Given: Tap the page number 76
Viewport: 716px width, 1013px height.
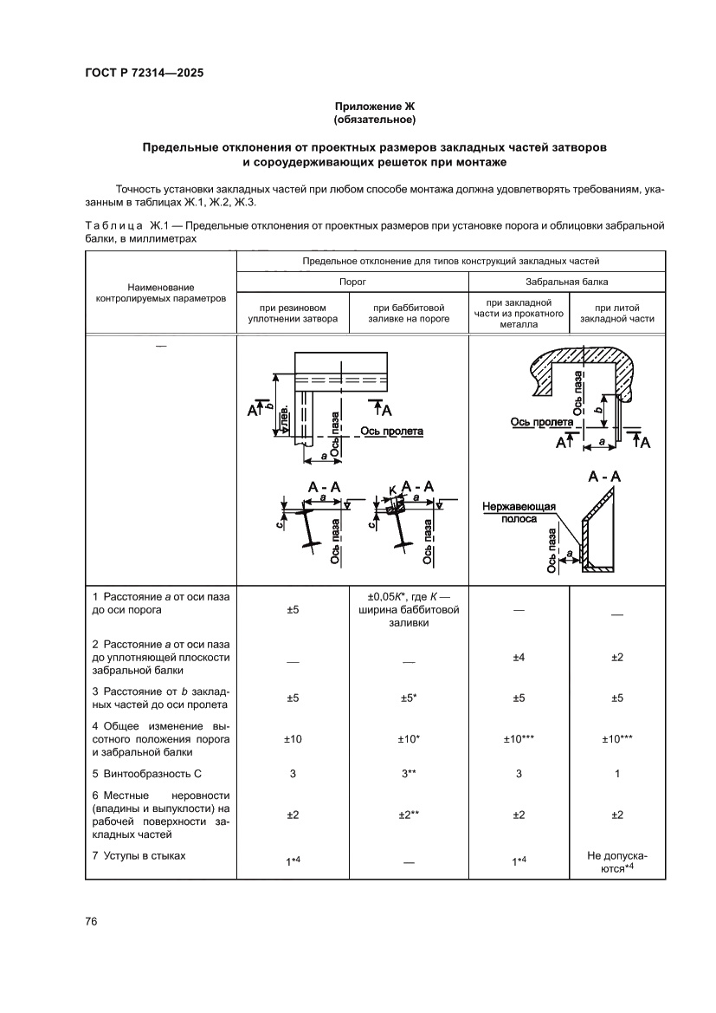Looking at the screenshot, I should (91, 920).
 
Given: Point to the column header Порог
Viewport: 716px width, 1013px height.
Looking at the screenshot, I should (352, 282).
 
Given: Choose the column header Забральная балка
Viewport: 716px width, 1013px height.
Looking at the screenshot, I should (566, 282).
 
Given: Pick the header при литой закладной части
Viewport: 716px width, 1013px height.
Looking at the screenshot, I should (616, 313).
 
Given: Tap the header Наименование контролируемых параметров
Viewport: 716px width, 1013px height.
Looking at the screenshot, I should (160, 292).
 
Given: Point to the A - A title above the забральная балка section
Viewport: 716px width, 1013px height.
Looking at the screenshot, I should (604, 477).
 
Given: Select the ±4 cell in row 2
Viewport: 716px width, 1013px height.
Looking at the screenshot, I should (519, 658).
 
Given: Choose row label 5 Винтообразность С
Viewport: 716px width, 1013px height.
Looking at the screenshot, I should (146, 773).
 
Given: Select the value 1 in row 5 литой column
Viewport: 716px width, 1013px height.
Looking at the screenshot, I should (616, 774).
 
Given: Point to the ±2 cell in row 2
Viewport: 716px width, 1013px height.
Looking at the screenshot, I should (616, 658).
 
